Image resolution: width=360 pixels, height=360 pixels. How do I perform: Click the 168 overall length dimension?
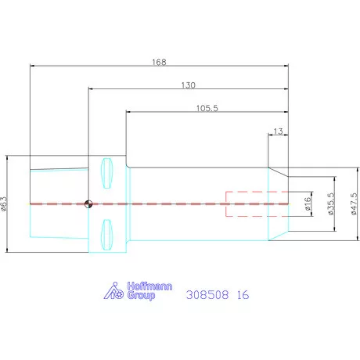(159, 62)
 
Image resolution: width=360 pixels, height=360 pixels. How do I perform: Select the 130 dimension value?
(189, 85)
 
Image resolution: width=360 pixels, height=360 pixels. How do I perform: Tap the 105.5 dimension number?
(207, 108)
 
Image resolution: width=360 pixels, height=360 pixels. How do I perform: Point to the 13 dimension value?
(278, 131)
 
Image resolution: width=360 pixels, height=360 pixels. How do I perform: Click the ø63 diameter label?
(3, 203)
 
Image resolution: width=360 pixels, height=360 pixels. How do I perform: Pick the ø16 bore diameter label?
(308, 203)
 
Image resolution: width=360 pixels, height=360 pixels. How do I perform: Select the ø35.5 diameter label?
(330, 203)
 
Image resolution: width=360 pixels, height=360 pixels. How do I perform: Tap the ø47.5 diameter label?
(354, 203)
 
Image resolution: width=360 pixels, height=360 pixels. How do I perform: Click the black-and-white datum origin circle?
(88, 203)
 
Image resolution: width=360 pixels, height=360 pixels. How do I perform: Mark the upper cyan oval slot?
(107, 173)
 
